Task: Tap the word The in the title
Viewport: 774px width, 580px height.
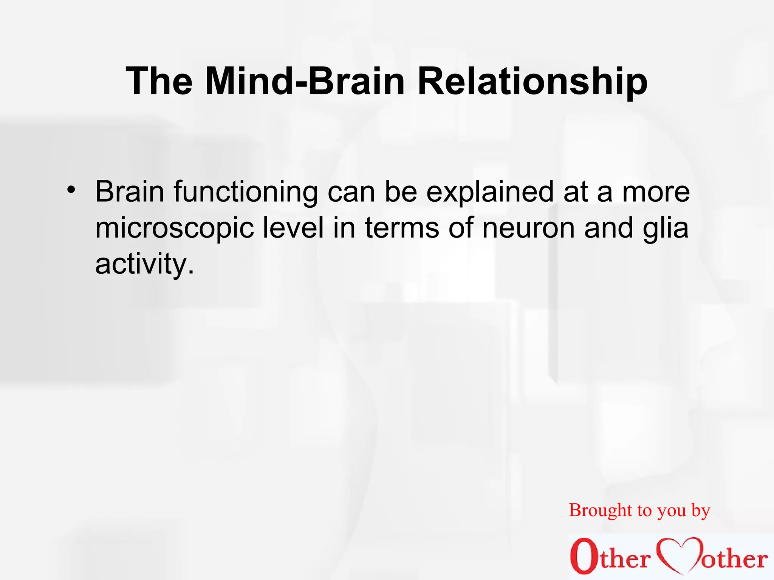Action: (x=159, y=81)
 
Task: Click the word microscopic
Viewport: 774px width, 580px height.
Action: (x=174, y=229)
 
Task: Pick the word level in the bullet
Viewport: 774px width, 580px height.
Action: (x=293, y=228)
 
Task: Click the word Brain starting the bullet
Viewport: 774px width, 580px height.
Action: (x=130, y=192)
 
